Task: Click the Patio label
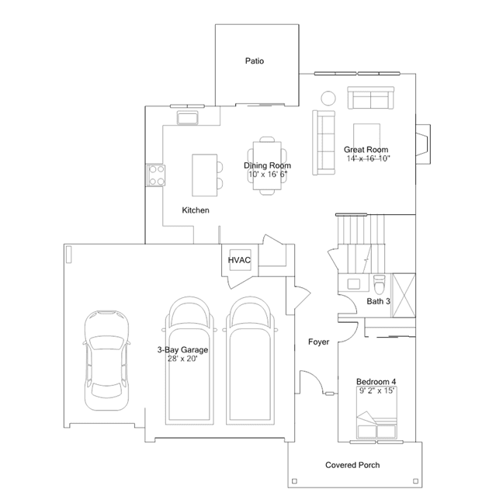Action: [255, 61]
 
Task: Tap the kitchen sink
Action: [187, 118]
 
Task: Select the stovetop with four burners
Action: [156, 175]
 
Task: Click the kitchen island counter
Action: [204, 175]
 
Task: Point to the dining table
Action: [267, 165]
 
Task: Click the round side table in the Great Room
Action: [328, 98]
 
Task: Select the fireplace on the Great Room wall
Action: [423, 144]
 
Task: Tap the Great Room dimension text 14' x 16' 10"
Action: [368, 158]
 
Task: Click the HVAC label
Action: [239, 260]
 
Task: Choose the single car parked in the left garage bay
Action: [106, 360]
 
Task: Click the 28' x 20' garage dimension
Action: [182, 359]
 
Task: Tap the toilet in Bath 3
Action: [379, 284]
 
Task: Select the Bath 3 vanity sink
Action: [353, 283]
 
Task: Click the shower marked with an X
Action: [404, 295]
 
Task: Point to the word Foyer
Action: [318, 342]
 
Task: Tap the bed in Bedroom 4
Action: [376, 413]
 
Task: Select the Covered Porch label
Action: [352, 465]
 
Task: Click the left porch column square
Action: [294, 481]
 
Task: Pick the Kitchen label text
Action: [196, 210]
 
